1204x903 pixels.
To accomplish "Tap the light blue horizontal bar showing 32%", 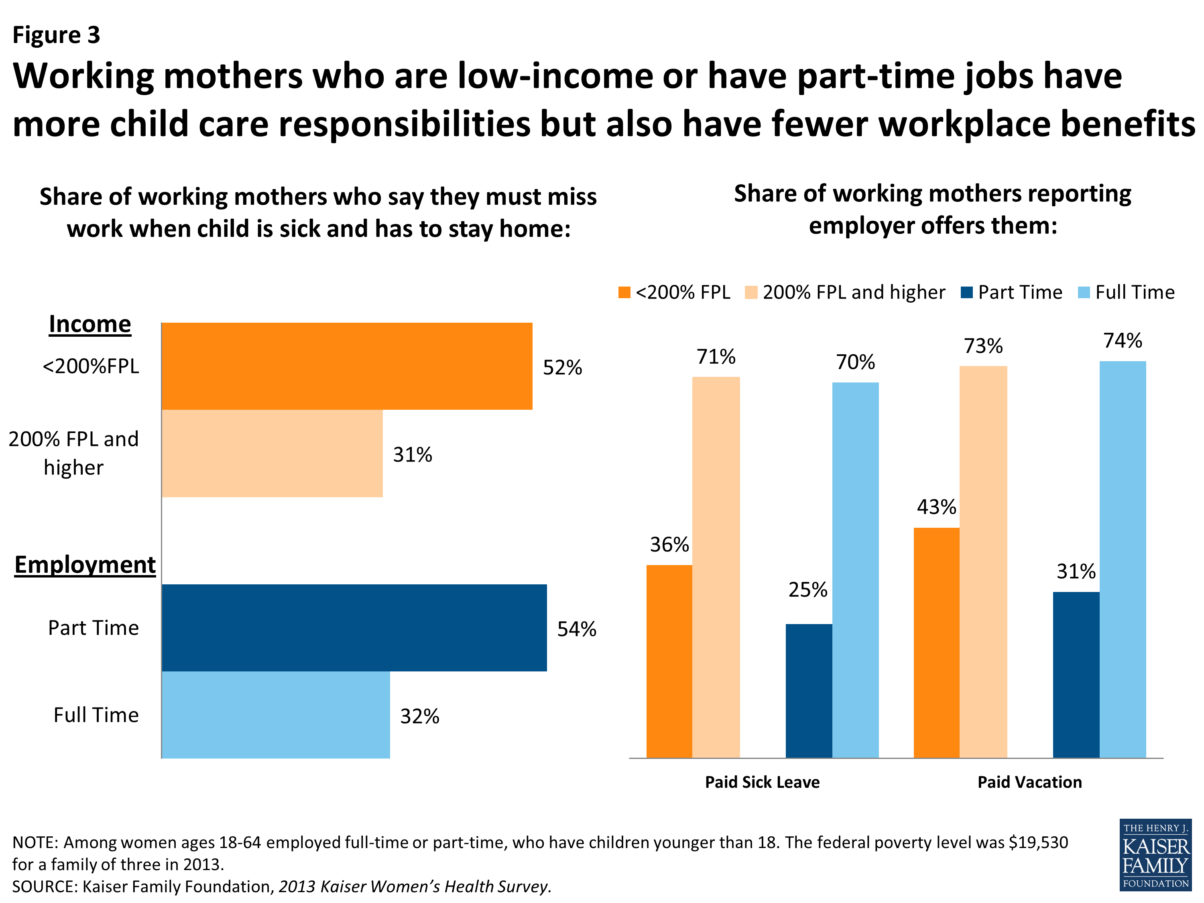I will pyautogui.click(x=275, y=715).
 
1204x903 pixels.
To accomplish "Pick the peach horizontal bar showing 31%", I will pyautogui.click(x=272, y=454).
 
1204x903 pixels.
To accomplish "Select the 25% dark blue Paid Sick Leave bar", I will pyautogui.click(x=808, y=690).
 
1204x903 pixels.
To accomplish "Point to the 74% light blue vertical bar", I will pyautogui.click(x=1123, y=559).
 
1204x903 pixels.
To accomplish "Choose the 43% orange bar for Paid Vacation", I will pyautogui.click(x=936, y=642).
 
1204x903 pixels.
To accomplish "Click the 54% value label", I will pyautogui.click(x=576, y=629).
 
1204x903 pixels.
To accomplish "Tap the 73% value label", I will pyautogui.click(x=983, y=346).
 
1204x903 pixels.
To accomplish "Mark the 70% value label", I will pyautogui.click(x=855, y=362).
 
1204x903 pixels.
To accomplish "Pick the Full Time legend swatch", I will pyautogui.click(x=1084, y=293).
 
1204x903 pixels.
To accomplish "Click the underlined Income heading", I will pyautogui.click(x=90, y=324).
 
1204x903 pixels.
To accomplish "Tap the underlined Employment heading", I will pyautogui.click(x=85, y=565).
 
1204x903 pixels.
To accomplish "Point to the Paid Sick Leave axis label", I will pyautogui.click(x=762, y=782).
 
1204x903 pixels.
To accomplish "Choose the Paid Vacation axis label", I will pyautogui.click(x=1029, y=782).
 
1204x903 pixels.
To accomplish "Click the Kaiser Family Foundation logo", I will pyautogui.click(x=1155, y=854).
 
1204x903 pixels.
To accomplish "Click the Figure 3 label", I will pyautogui.click(x=56, y=35).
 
